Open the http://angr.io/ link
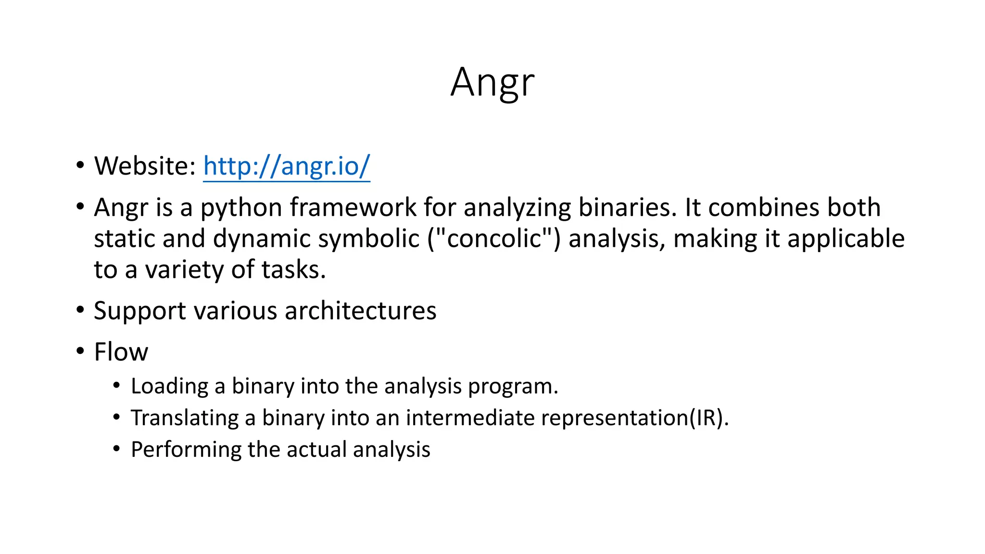coord(287,166)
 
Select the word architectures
coord(360,311)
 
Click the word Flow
coord(121,352)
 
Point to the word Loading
coord(169,387)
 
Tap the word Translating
coord(185,418)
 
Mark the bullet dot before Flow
coord(80,351)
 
